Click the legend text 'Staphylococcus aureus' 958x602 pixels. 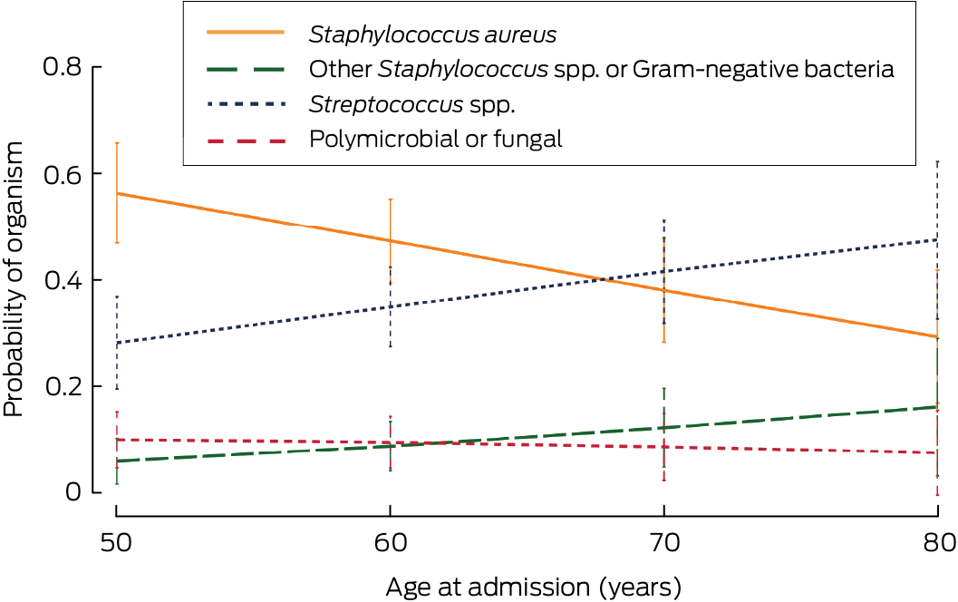coord(432,35)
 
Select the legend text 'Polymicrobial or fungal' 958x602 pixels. coord(436,140)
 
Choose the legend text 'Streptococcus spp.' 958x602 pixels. coord(412,105)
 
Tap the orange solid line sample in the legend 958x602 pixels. coord(246,34)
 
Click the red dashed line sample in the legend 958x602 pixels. coord(246,140)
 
